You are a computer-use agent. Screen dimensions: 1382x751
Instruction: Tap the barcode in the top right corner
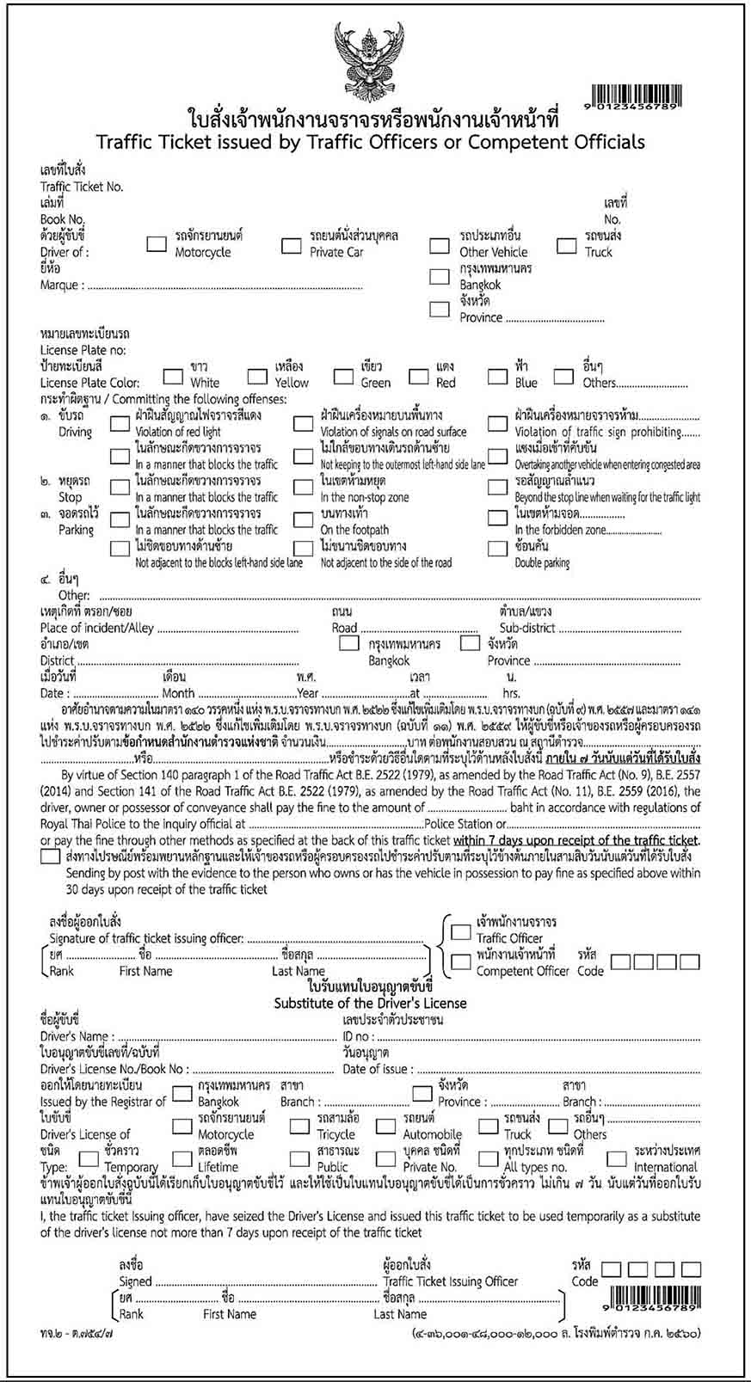tap(637, 95)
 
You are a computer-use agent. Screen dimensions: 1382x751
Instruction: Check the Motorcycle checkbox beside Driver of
tap(157, 244)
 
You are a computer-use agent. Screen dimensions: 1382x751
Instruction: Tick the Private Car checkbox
tap(291, 245)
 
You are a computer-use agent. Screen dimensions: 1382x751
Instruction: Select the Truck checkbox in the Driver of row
tap(567, 245)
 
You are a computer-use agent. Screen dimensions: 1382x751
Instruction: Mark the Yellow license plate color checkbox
tap(257, 376)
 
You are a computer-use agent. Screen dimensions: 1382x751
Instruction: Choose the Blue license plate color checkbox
tap(497, 376)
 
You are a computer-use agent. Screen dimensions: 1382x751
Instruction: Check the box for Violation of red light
tap(120, 424)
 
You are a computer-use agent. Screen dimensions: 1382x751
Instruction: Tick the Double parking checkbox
tap(497, 548)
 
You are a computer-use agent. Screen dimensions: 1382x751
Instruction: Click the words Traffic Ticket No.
tap(82, 187)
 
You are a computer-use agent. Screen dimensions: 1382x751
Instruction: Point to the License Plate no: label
tap(83, 350)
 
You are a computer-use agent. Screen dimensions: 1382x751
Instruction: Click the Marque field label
tap(61, 285)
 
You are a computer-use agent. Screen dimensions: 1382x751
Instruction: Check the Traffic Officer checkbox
tap(462, 932)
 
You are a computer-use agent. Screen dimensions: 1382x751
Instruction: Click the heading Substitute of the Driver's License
tap(370, 1003)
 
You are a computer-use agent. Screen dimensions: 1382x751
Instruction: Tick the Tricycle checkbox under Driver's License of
tap(299, 1127)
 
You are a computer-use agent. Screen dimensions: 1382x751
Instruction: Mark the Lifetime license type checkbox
tap(182, 1159)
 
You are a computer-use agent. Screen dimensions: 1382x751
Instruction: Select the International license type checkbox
tap(616, 1158)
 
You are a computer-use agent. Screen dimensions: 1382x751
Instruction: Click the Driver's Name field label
tap(75, 1036)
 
